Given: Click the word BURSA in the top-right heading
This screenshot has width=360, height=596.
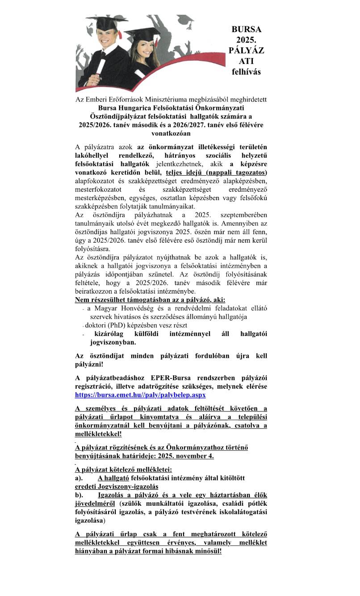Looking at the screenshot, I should coord(246,29).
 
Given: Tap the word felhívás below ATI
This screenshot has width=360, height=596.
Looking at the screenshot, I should coord(246,71).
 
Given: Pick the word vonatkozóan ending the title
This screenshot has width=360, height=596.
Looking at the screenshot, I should coord(171,133).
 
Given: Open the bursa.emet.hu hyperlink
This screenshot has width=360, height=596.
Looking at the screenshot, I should coord(140,395).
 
